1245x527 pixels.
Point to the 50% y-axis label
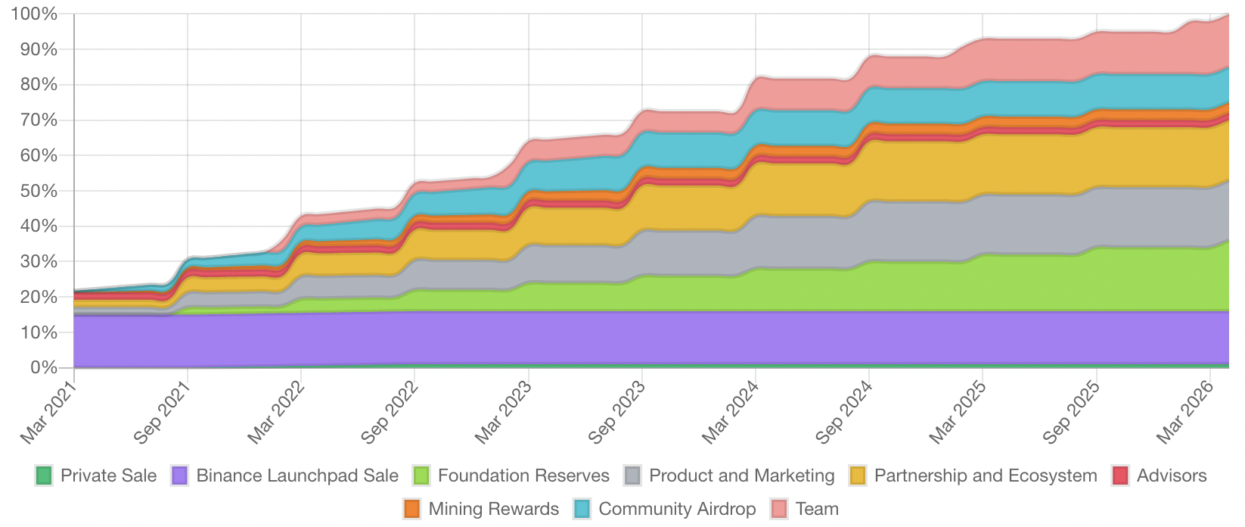click(x=38, y=191)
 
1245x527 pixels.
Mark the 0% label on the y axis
click(x=42, y=368)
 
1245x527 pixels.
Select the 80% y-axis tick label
click(x=38, y=85)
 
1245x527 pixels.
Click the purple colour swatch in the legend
click(x=180, y=476)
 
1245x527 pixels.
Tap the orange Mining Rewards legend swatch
click(x=412, y=509)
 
